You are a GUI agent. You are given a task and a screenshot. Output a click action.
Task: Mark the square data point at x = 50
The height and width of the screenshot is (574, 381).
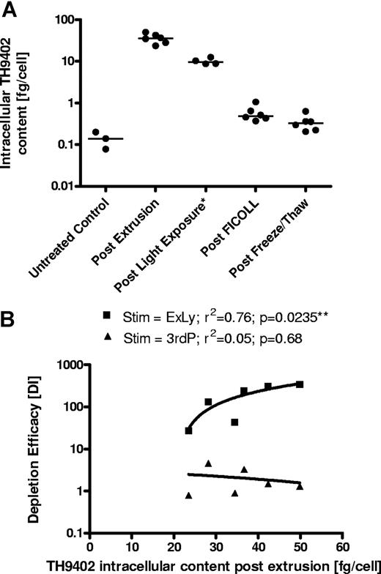coord(299,384)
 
